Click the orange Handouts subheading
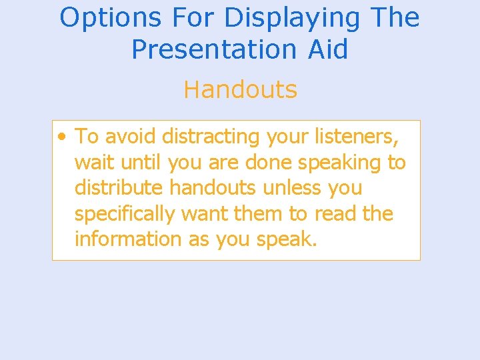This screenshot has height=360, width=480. coord(240,89)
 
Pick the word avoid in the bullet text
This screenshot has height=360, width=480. coord(130,137)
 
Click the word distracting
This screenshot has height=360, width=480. coord(211,137)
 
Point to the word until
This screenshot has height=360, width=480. coord(141,162)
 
